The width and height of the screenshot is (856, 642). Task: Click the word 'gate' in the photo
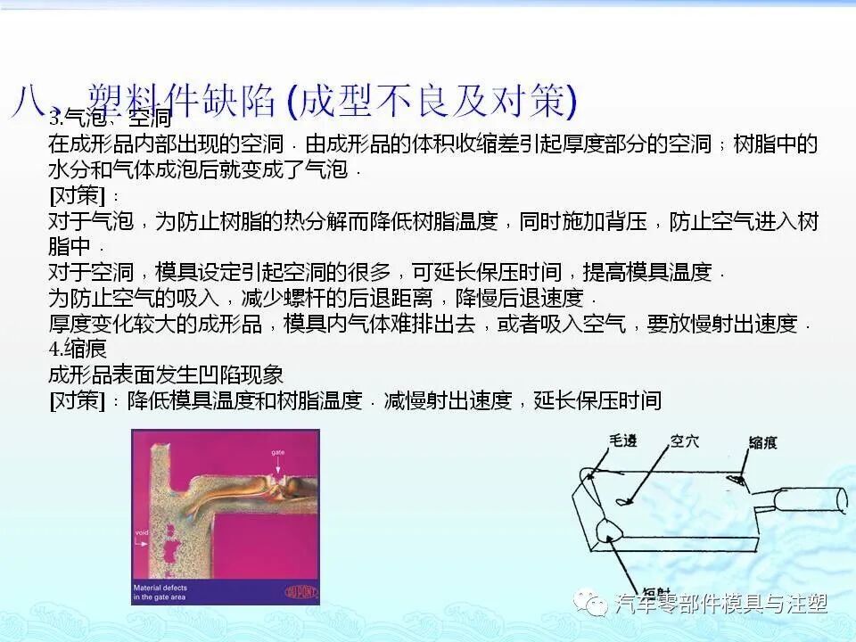pyautogui.click(x=278, y=454)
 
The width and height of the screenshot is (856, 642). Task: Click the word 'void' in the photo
pyautogui.click(x=141, y=532)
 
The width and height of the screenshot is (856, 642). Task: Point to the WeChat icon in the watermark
pyautogui.click(x=591, y=604)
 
